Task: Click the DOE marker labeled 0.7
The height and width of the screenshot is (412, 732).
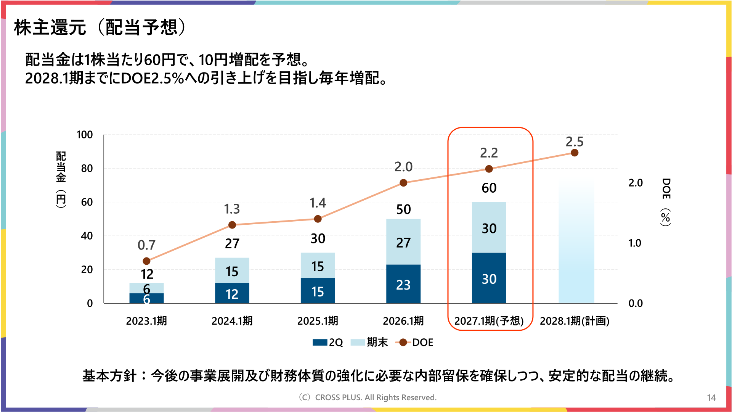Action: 146,261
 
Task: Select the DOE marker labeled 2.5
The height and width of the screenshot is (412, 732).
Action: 575,153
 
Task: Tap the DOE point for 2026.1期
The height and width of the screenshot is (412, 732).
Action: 403,183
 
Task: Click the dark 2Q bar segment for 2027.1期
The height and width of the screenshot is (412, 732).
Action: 489,278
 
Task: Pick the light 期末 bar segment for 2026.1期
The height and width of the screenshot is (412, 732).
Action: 403,241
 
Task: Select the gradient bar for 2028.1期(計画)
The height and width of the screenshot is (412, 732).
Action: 576,243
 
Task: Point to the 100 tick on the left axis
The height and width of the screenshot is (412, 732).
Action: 85,135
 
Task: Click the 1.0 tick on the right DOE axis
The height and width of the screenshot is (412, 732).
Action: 635,243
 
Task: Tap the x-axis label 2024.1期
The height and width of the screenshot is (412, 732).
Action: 232,321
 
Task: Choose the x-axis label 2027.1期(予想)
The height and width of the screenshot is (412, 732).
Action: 489,321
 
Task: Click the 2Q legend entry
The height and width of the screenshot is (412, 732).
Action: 327,342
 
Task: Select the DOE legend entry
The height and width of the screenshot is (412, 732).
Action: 414,342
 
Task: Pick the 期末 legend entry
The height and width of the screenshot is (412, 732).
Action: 369,342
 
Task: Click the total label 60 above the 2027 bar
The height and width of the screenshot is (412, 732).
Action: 489,188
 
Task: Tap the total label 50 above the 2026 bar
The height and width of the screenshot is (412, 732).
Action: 403,209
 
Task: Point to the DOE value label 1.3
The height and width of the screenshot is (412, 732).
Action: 232,209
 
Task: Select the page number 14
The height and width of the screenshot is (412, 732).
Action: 711,398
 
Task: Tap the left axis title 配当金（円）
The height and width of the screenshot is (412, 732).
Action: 61,179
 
